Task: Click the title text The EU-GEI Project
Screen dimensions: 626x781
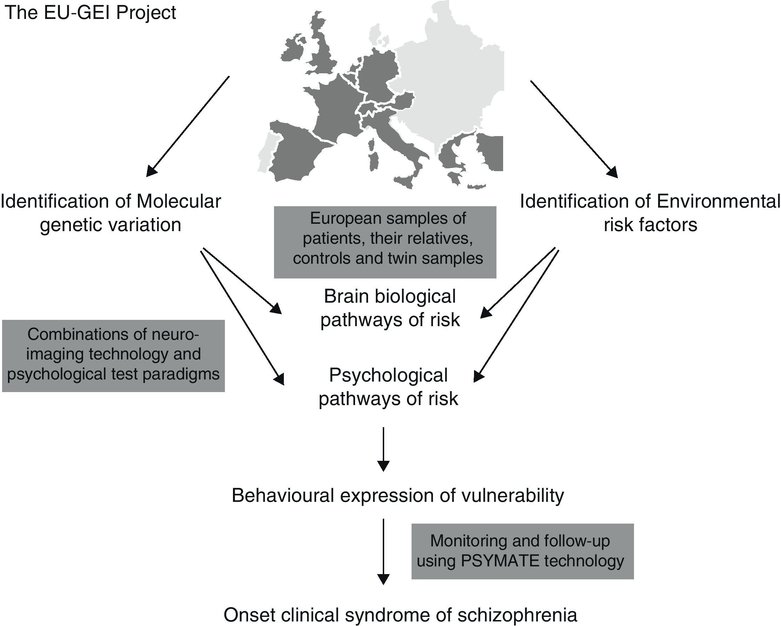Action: (x=90, y=13)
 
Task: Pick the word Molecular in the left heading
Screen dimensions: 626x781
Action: (x=179, y=202)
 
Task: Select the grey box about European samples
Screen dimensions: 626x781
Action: (x=385, y=242)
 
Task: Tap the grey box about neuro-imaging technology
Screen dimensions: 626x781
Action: (x=113, y=355)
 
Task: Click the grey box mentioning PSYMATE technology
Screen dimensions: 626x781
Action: (x=522, y=551)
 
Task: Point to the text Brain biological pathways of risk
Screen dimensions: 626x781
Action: (x=390, y=308)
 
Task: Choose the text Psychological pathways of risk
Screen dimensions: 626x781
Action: (x=388, y=387)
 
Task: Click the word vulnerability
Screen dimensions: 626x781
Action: (x=512, y=495)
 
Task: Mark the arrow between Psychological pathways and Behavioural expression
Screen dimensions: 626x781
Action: (x=383, y=449)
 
